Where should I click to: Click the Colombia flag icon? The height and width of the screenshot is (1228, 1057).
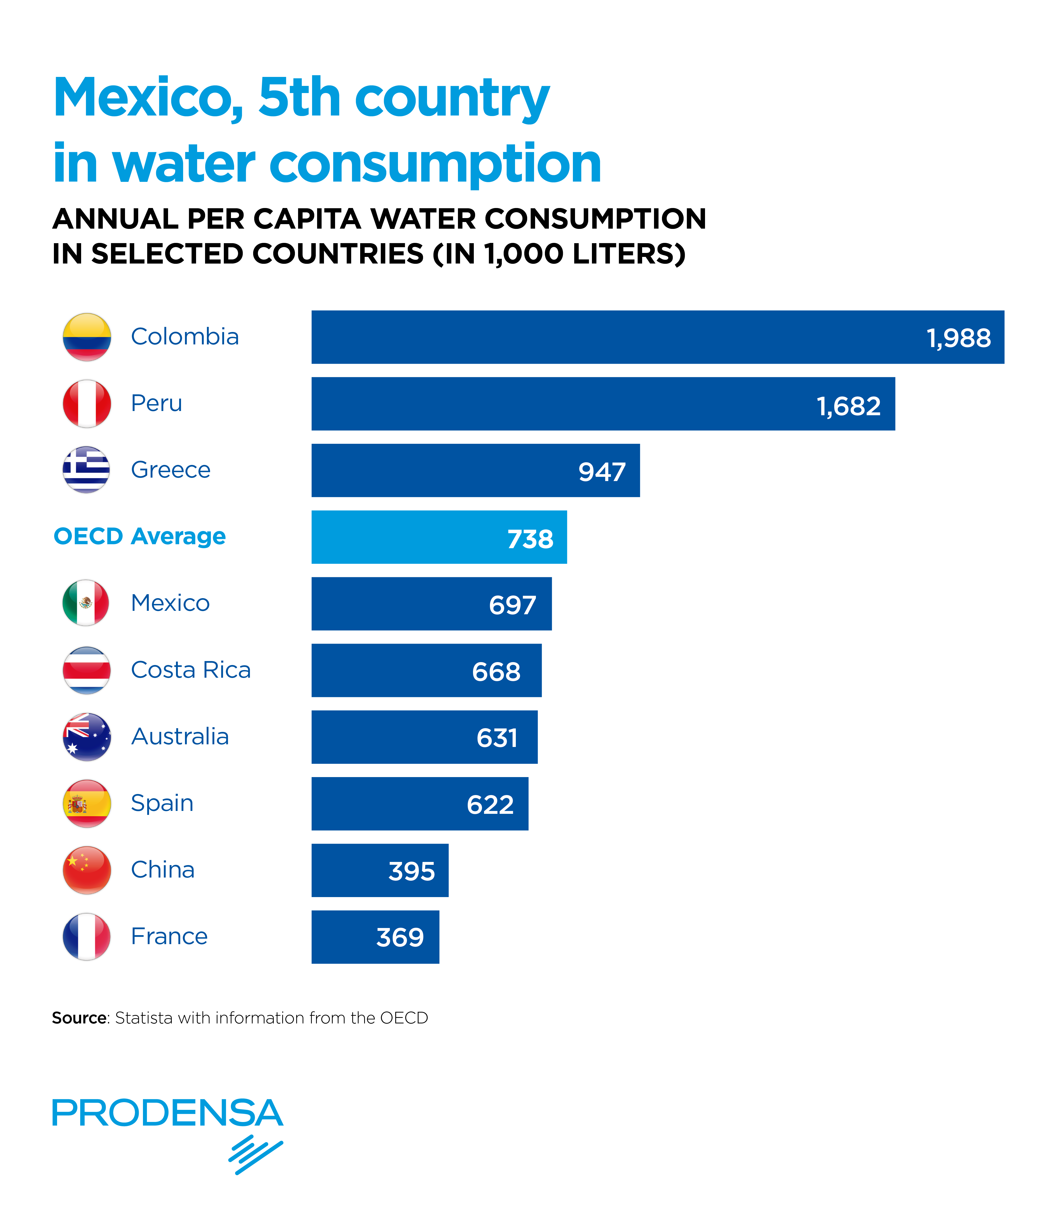86,337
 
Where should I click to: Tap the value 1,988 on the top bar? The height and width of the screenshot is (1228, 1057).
958,338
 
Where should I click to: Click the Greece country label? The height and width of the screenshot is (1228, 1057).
171,469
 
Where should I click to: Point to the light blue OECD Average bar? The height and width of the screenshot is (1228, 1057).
438,537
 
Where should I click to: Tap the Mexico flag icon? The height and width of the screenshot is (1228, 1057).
86,603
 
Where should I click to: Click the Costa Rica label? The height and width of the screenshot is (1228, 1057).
191,670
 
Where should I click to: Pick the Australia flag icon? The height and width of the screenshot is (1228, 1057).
86,737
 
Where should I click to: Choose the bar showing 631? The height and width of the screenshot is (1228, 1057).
424,737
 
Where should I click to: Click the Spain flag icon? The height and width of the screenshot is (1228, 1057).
86,803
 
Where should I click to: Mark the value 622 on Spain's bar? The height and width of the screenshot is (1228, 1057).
490,804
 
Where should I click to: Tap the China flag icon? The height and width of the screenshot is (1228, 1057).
86,870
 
